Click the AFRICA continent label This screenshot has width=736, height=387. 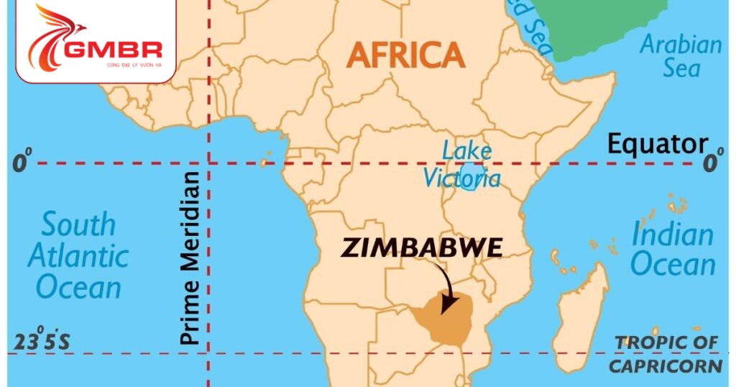(405, 55)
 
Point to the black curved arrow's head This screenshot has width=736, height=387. (446, 307)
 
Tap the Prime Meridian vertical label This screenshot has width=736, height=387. (190, 258)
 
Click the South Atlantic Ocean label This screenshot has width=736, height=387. (78, 255)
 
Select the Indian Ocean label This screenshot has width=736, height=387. (673, 249)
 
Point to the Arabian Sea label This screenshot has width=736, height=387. (680, 56)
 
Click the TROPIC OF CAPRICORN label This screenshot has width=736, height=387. (665, 354)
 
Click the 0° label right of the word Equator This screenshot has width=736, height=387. (712, 163)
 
